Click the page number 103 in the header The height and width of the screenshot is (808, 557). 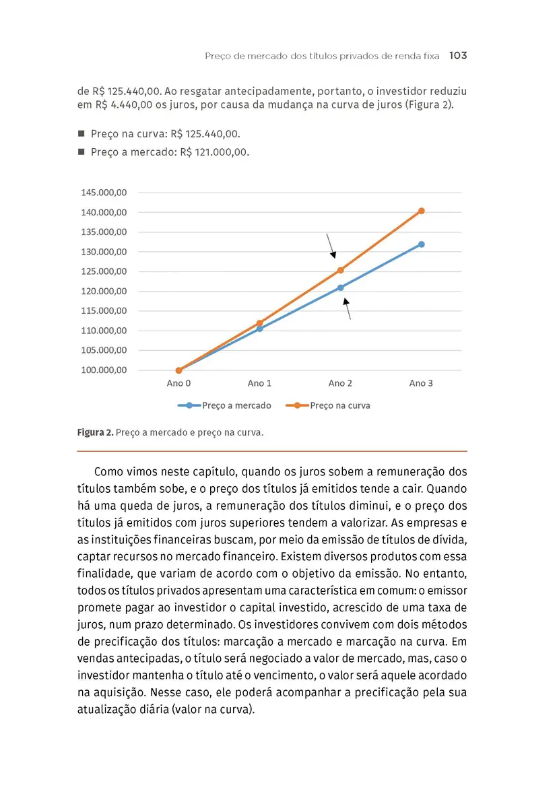coord(457,56)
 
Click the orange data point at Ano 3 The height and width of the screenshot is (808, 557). coord(422,211)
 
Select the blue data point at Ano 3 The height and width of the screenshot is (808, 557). coord(422,244)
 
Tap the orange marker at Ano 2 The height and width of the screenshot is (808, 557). coord(341,270)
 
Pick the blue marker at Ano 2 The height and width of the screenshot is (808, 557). coord(341,288)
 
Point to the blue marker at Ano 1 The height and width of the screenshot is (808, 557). coord(260,329)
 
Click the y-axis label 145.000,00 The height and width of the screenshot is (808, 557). coord(104,193)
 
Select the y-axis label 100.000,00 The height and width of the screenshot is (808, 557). coord(104,370)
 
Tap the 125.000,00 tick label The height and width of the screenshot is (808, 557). coord(104,271)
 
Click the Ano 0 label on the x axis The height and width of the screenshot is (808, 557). coord(179,383)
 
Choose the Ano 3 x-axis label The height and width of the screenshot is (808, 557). coord(422,383)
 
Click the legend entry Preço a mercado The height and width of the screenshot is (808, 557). coord(236,405)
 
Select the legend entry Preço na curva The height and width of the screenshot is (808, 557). coord(340,405)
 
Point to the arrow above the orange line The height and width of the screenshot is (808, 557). coord(330,246)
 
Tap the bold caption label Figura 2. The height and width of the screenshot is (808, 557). coord(94,432)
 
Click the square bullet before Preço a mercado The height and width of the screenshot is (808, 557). coord(81,152)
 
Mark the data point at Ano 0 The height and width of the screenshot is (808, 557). coord(179,370)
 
